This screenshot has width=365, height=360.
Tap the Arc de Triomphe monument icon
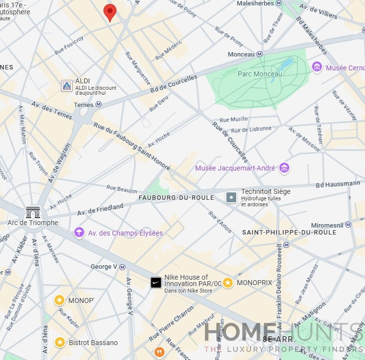click(x=33, y=212)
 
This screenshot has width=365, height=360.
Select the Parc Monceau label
click(x=260, y=74)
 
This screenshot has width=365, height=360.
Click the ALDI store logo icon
click(x=67, y=86)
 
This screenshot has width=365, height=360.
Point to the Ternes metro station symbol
click(x=99, y=105)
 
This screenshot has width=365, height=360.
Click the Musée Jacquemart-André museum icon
click(x=284, y=168)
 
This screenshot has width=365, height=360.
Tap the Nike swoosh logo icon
click(x=156, y=283)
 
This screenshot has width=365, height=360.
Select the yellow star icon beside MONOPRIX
click(x=228, y=283)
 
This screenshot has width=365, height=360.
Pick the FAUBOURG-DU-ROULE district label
click(x=176, y=197)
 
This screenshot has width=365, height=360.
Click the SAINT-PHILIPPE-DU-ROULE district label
click(x=289, y=232)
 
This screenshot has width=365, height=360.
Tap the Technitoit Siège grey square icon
click(x=231, y=197)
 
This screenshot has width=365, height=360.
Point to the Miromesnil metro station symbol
click(x=348, y=225)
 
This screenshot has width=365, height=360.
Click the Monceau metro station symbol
click(x=259, y=54)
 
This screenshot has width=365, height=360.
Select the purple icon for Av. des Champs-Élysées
click(x=79, y=233)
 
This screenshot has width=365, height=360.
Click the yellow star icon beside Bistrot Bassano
click(x=60, y=342)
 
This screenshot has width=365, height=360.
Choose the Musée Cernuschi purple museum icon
click(x=317, y=67)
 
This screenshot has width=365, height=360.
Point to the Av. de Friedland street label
click(x=101, y=210)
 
